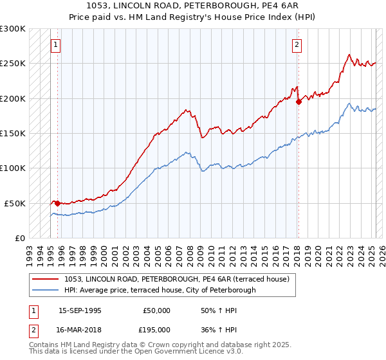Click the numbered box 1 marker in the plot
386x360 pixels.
[56, 45]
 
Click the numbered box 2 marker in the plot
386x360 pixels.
[297, 45]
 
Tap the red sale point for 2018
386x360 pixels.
[299, 101]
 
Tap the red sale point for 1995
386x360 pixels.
[57, 203]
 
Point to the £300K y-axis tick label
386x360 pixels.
[13, 29]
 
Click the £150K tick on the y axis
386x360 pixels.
[13, 133]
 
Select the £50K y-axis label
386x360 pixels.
[15, 203]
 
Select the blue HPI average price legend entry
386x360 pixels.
[160, 290]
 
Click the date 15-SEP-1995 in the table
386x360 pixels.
[80, 310]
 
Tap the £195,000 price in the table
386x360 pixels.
[156, 329]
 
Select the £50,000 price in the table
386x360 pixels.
[156, 310]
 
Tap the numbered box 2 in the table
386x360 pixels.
[33, 329]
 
